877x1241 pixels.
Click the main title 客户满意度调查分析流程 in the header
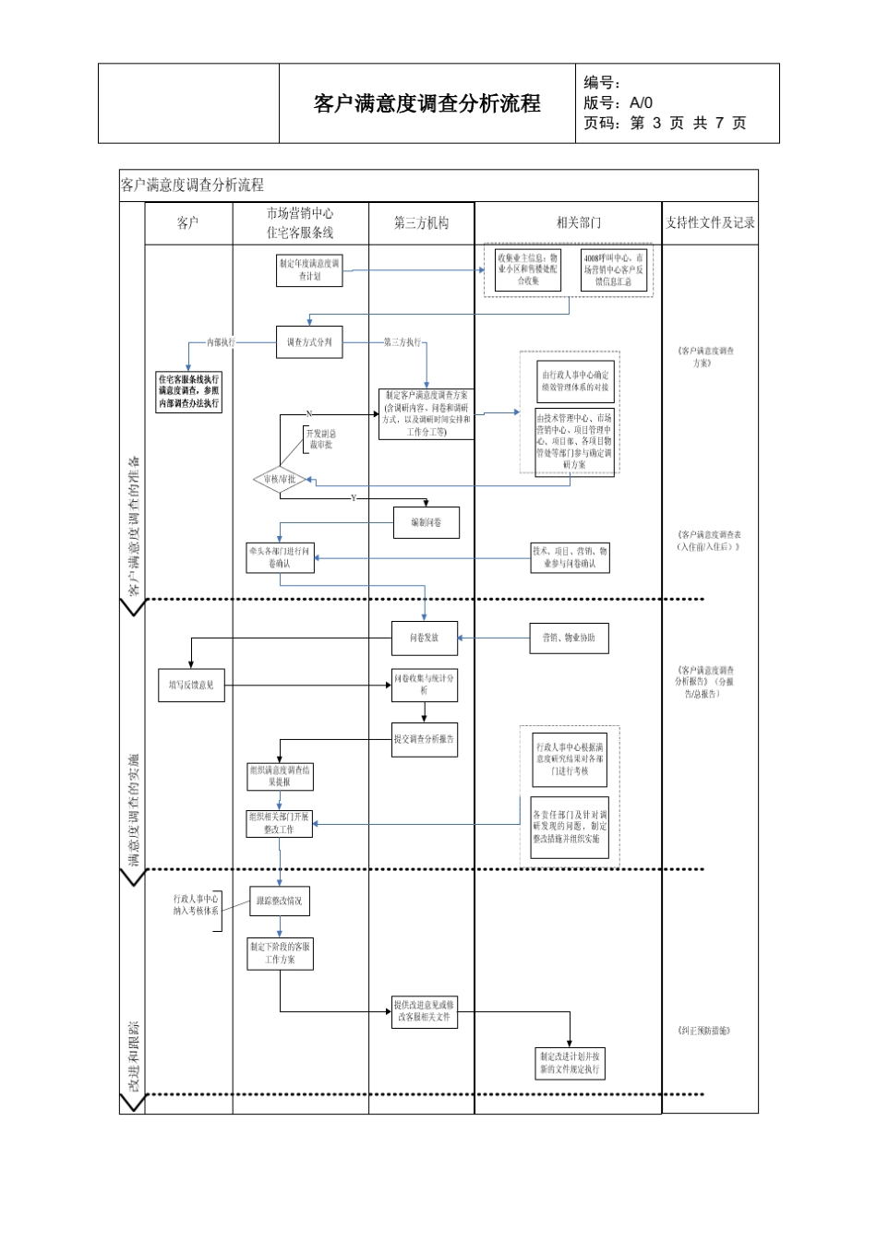pos(426,103)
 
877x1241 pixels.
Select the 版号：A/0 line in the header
pos(618,103)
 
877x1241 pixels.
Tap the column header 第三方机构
pos(421,222)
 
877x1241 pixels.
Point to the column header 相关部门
pos(578,222)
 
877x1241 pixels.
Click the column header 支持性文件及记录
pos(710,222)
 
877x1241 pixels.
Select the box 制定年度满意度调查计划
pos(309,269)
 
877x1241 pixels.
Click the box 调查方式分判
pos(309,342)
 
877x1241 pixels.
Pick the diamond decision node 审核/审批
pos(279,479)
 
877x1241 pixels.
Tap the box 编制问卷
pos(426,522)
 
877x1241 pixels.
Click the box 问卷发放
pos(425,638)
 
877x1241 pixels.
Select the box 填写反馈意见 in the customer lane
pos(191,685)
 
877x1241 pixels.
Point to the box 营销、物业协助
pos(569,638)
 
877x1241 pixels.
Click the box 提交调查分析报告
pos(425,739)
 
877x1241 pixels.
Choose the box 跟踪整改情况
pos(279,901)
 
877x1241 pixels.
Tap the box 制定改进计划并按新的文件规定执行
pos(570,1063)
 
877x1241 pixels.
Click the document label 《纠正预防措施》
pos(703,1030)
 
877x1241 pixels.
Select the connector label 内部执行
pos(221,342)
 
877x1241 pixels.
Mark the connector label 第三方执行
pos(402,342)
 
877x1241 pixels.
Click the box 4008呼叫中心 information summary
pos(614,269)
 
